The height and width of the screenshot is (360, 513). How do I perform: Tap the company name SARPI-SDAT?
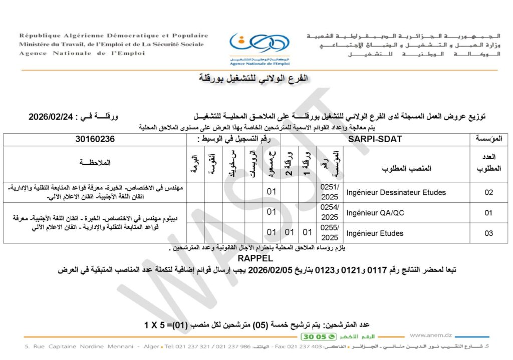[x=375, y=139]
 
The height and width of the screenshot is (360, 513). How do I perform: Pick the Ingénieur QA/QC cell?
[x=375, y=213]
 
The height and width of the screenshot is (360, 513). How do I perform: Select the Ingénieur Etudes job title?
[x=375, y=233]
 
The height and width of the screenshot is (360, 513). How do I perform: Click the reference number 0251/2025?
[x=330, y=192]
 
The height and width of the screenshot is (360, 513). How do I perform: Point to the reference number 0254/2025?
[x=330, y=213]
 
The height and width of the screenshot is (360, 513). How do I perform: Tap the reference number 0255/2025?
[x=330, y=233]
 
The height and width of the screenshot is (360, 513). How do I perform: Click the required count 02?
[x=488, y=192]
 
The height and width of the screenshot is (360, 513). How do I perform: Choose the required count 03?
[x=488, y=233]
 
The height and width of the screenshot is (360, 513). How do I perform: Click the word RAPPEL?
[x=256, y=259]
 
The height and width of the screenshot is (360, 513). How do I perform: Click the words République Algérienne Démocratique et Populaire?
[x=114, y=36]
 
